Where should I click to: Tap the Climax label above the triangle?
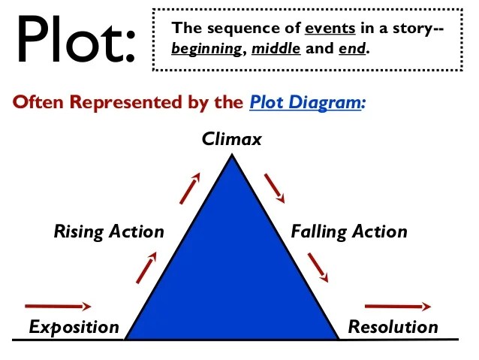click(232, 139)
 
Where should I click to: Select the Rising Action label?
click(109, 231)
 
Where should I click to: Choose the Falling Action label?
click(349, 231)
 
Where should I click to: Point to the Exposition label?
click(74, 327)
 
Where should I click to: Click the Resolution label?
click(393, 327)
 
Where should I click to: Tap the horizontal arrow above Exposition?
click(58, 306)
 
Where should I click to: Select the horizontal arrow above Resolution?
click(397, 306)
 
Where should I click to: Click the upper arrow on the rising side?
click(190, 188)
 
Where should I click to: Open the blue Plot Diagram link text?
click(307, 102)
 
